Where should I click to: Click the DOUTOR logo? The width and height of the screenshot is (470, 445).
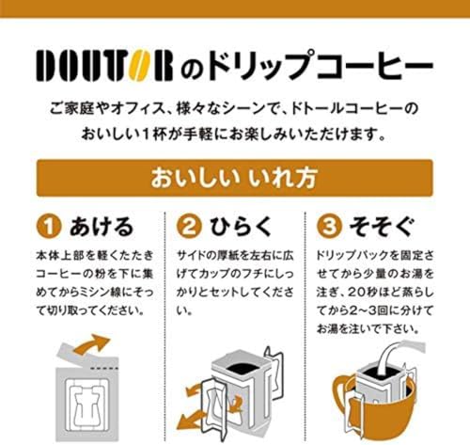[x=104, y=66]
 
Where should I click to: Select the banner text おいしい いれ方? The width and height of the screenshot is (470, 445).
[x=234, y=178]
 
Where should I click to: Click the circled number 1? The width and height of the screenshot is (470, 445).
[x=49, y=227]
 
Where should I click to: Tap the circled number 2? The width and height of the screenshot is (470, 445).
[x=189, y=227]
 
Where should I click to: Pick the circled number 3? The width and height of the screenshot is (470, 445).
[x=329, y=227]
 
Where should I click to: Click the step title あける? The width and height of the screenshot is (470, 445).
[x=102, y=227]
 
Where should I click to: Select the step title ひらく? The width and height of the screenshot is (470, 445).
[x=241, y=227]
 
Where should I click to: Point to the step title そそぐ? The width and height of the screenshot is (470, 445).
[x=383, y=227]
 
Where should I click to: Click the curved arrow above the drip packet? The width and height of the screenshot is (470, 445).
[x=91, y=345]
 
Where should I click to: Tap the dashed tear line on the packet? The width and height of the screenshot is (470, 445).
[x=104, y=367]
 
